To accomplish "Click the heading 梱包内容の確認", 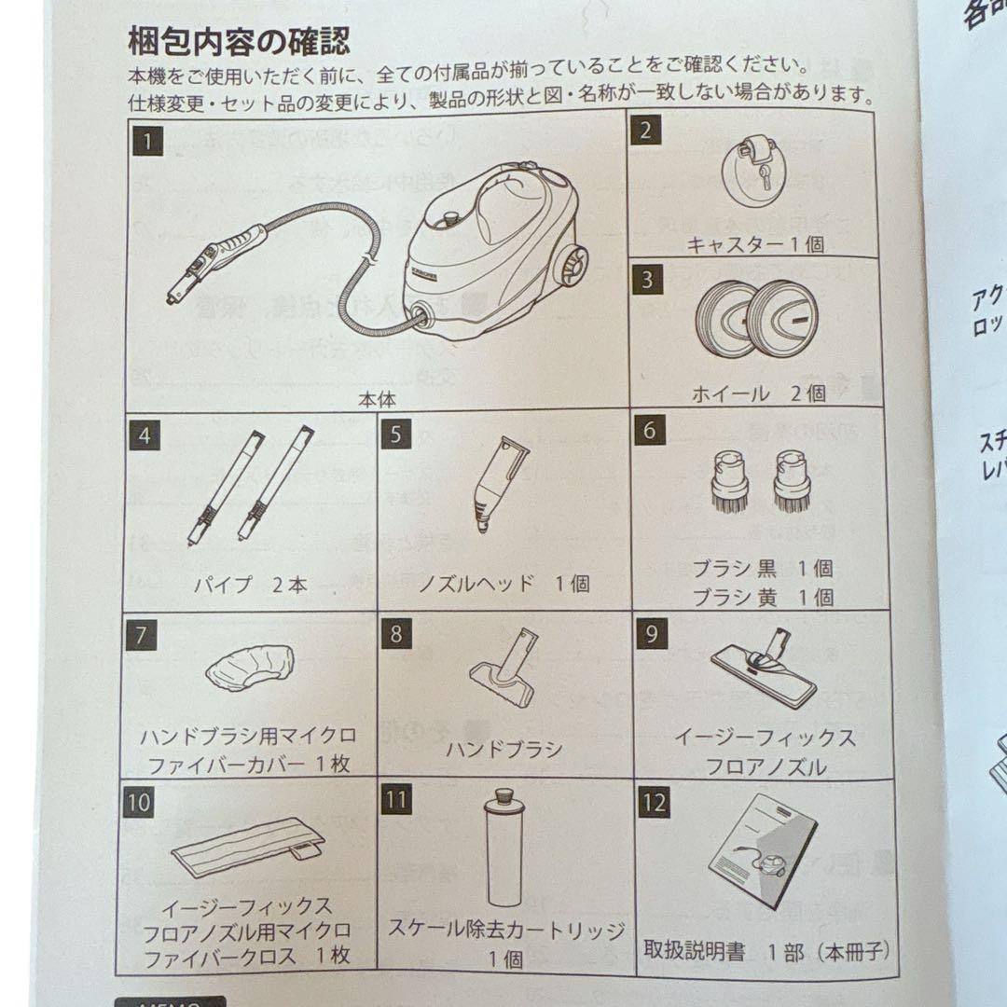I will [x=239, y=41].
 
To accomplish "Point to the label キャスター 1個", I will [x=755, y=245].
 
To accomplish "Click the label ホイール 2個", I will [x=758, y=393].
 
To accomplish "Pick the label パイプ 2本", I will [x=250, y=586].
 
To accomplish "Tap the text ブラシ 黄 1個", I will [x=763, y=598].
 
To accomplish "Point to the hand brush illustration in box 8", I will [x=504, y=668].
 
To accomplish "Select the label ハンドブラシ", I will [x=504, y=749].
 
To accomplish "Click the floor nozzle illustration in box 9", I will [x=765, y=668].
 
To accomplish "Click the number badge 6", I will [x=649, y=433].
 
